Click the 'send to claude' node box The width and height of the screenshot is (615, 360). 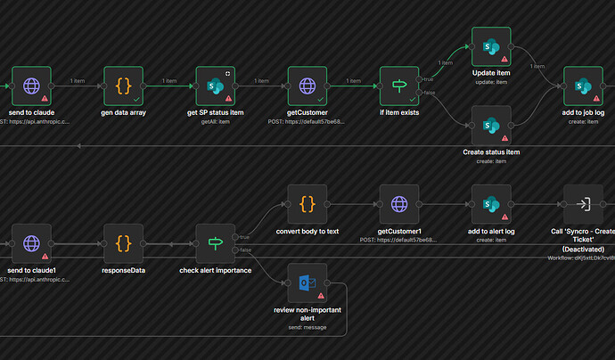coord(31,86)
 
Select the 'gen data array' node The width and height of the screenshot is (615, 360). coord(124,86)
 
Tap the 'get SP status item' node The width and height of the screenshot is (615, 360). coord(216,86)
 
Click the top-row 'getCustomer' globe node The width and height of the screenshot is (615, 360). coord(307,86)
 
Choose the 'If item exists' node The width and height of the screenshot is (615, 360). coord(399,86)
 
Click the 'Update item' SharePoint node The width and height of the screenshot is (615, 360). coord(490,46)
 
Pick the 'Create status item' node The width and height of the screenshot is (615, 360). coord(490,126)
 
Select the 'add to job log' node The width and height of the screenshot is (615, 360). coord(583,86)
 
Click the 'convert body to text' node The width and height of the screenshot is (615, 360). coord(307,204)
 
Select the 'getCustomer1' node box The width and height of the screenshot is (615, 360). coord(399,204)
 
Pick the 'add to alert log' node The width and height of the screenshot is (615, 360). coord(490,204)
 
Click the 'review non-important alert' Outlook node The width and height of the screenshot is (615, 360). coord(307,282)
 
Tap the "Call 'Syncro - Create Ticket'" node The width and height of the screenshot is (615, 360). coord(583,204)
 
